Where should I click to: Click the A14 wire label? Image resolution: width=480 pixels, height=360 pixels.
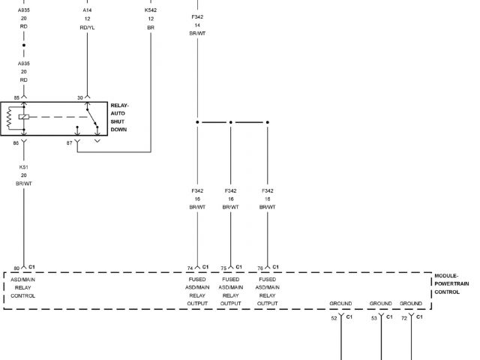(88, 10)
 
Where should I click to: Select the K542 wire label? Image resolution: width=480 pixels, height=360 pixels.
(151, 10)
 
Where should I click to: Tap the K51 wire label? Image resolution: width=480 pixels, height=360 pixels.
(23, 167)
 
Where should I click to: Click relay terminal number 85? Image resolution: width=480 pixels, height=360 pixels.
(16, 97)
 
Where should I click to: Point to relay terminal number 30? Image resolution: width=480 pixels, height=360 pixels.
(79, 97)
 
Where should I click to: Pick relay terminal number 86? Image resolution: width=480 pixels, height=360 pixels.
(16, 142)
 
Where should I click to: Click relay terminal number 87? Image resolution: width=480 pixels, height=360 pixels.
(70, 142)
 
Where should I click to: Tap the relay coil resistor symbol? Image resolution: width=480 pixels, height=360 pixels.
(9, 118)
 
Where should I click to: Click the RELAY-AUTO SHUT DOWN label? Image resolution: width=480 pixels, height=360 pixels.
(119, 118)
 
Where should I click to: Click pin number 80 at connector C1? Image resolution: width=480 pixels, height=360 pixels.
(16, 268)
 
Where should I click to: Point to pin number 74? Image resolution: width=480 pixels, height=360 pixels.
(190, 268)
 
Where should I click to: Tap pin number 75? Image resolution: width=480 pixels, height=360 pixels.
(223, 268)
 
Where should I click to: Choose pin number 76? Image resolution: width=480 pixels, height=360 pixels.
(260, 268)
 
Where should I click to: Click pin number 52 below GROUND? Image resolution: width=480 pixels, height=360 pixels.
(334, 318)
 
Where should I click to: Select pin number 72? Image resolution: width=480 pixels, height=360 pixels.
(404, 318)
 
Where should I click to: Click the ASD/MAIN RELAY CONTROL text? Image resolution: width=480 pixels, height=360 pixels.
(22, 287)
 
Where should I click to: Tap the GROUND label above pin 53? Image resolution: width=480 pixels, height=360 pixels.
(380, 303)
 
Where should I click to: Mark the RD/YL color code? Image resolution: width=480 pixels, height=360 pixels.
(88, 27)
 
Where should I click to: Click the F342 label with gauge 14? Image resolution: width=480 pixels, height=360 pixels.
(197, 16)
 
